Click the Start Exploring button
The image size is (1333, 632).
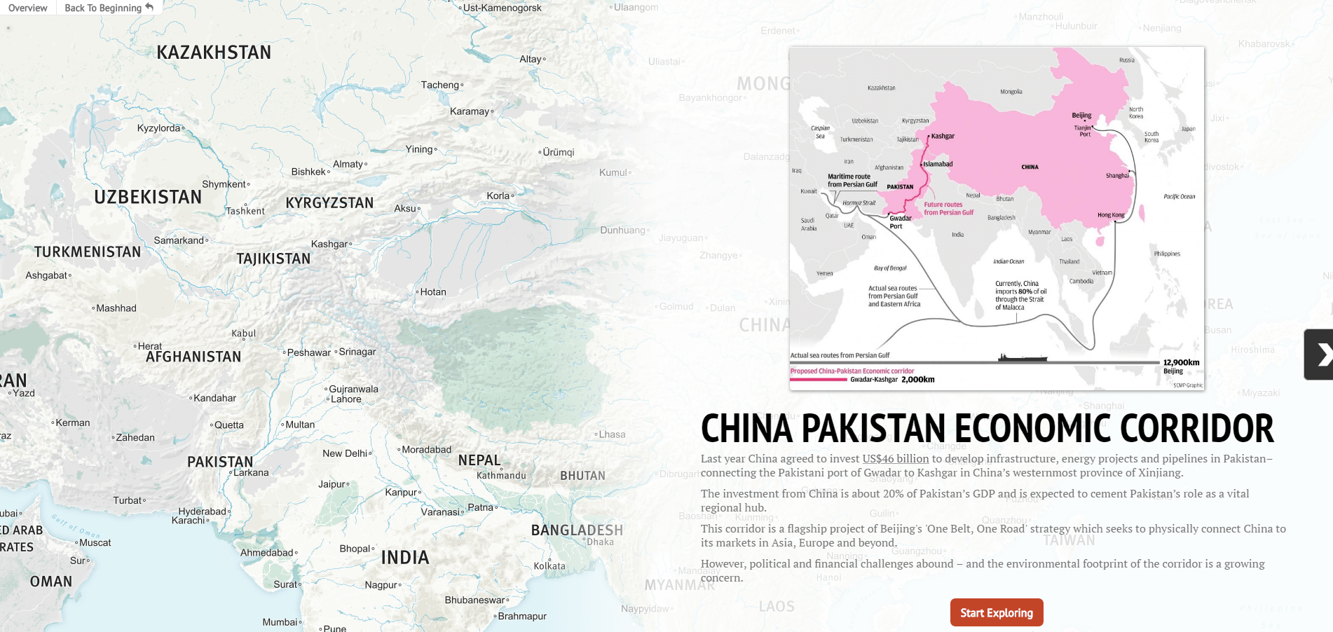click(x=996, y=612)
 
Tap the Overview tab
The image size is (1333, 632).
click(x=28, y=8)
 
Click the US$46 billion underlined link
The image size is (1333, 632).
click(x=895, y=458)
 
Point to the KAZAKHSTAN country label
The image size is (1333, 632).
click(x=214, y=53)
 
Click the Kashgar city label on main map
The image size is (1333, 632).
click(x=329, y=244)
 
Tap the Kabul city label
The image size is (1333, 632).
click(x=244, y=333)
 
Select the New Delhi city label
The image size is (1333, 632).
click(x=345, y=453)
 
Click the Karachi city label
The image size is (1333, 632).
click(x=188, y=520)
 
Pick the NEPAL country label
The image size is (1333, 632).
click(x=479, y=460)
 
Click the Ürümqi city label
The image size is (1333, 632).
click(x=558, y=152)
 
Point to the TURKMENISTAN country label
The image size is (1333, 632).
click(x=88, y=252)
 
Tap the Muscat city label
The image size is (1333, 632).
click(x=95, y=542)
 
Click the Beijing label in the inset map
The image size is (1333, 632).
click(x=1081, y=115)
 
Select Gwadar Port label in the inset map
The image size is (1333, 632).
click(x=900, y=221)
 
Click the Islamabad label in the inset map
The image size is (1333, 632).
click(x=938, y=164)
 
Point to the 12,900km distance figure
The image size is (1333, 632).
click(x=1181, y=362)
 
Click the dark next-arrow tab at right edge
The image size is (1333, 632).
click(x=1319, y=355)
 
